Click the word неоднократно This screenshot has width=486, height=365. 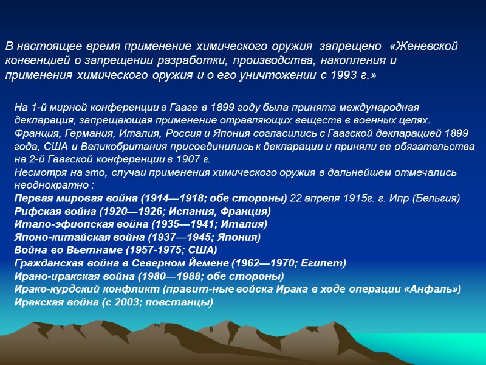point(46,185)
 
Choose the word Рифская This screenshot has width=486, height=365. point(36,211)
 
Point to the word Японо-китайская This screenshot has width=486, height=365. point(55,237)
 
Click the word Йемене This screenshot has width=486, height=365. point(180,263)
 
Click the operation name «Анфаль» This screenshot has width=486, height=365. point(432,288)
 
